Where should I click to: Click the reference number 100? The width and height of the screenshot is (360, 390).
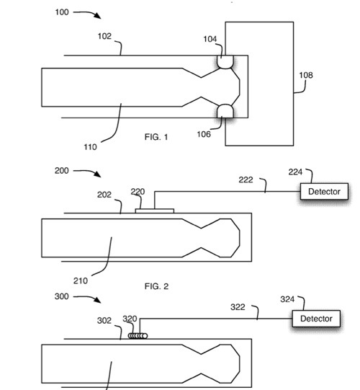(x=62, y=12)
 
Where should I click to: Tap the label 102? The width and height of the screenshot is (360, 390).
(x=104, y=36)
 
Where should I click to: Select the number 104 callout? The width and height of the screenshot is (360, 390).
(x=210, y=39)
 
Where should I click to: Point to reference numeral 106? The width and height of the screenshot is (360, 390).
(x=204, y=134)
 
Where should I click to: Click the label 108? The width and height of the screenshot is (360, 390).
(x=306, y=75)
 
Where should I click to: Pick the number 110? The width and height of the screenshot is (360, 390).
(x=90, y=147)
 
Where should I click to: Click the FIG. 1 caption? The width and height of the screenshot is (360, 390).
(x=156, y=137)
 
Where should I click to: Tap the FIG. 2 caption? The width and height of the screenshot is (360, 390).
(x=156, y=286)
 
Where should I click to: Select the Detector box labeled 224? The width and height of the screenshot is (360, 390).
(x=324, y=192)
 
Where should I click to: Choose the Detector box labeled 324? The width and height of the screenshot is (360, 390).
(x=316, y=319)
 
